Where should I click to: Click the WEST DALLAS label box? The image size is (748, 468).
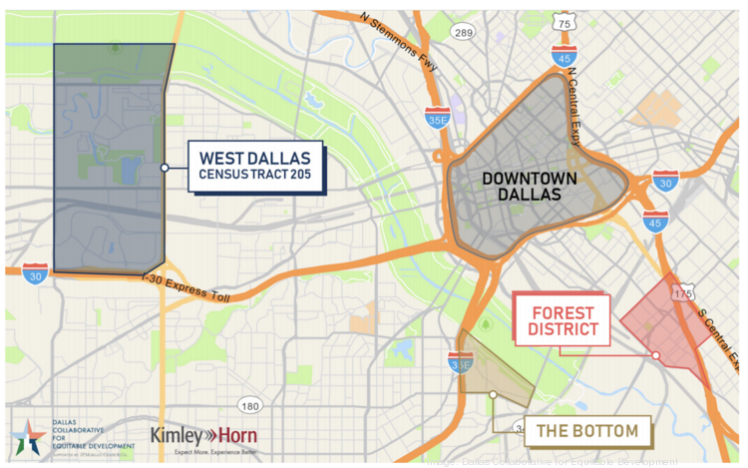tap(256, 167)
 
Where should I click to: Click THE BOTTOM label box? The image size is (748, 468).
tap(587, 431)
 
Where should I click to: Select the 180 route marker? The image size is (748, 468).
tap(249, 405)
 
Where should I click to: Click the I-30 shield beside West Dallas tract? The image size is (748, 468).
tap(35, 271)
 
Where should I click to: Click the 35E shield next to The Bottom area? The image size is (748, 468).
tap(461, 363)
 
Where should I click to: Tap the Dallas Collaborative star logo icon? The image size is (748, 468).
tap(27, 437)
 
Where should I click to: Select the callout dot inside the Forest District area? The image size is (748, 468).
tap(656, 355)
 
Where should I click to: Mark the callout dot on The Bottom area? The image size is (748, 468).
tap(494, 395)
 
